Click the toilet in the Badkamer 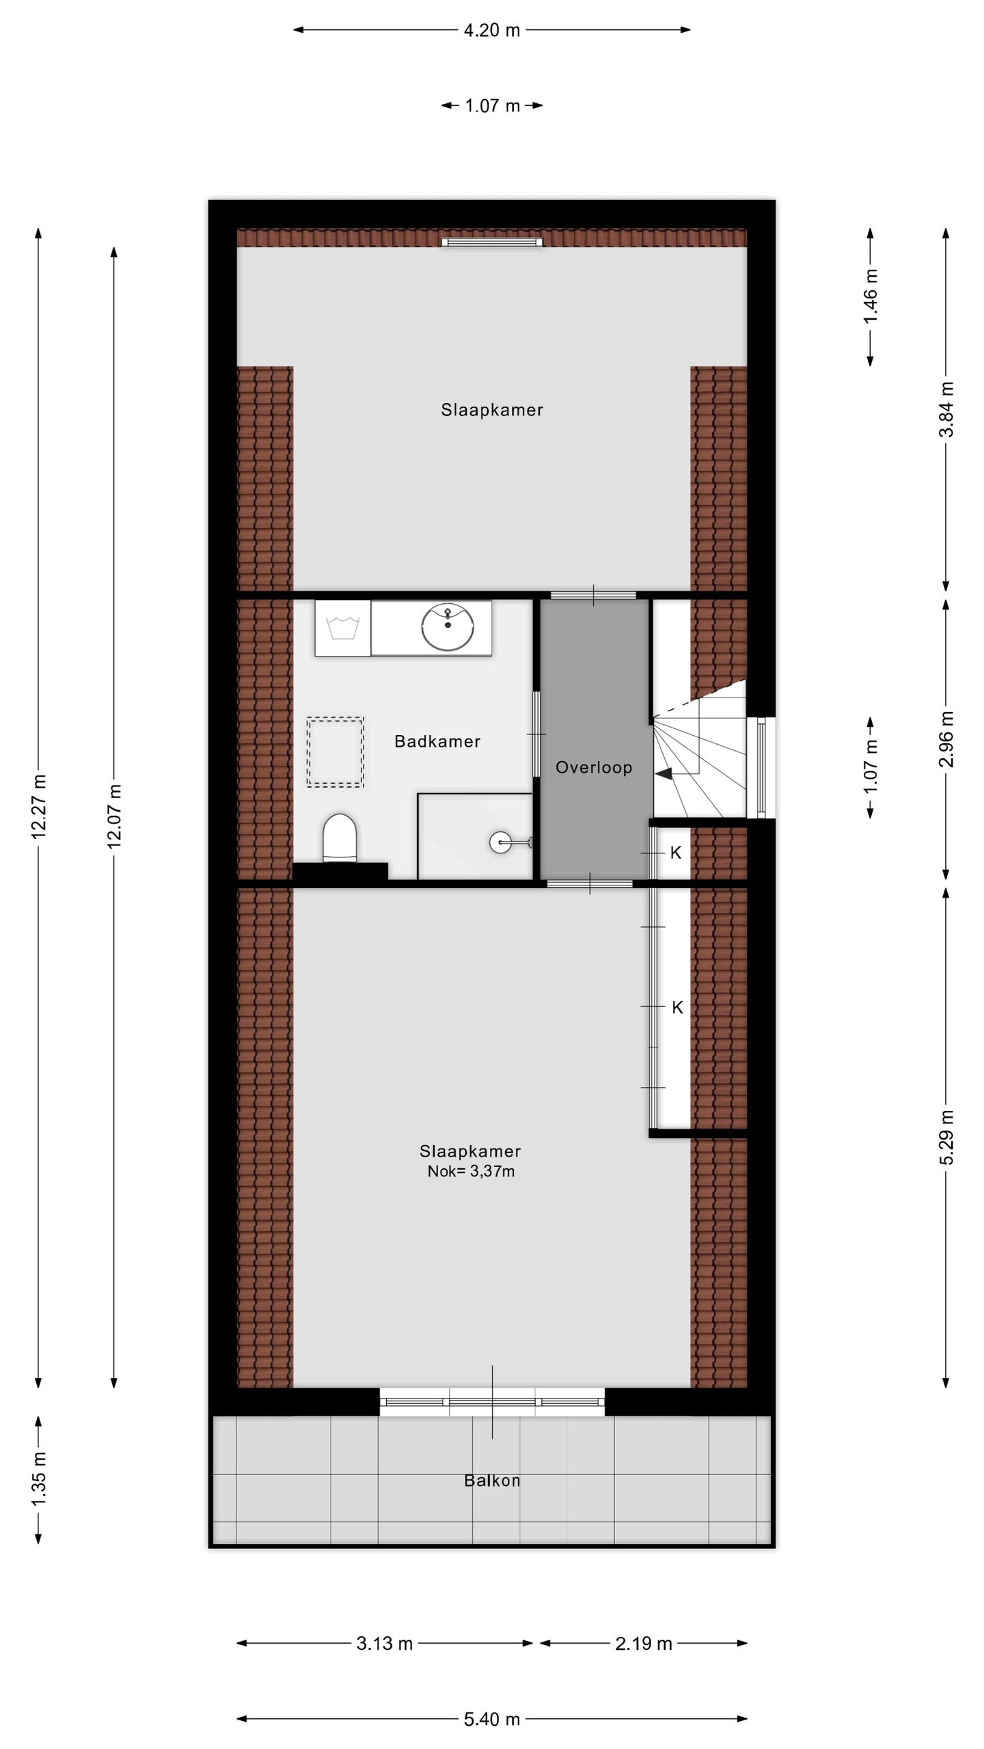340,838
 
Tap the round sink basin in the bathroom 448,627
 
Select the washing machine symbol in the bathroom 342,628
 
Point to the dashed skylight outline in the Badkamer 335,752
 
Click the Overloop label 593,767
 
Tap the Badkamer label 437,741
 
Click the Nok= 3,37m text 471,1171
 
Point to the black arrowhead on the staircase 664,773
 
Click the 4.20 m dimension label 492,30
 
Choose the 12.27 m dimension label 38,806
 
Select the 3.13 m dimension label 385,1643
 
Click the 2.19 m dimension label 644,1643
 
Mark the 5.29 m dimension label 946,1138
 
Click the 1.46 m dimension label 871,297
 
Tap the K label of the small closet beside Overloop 676,852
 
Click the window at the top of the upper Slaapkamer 492,242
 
